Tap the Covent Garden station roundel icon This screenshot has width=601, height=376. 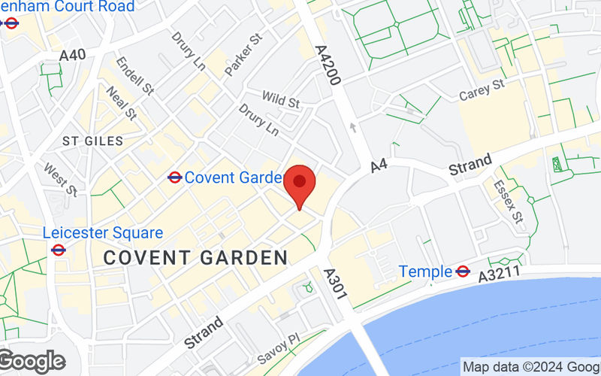click(175, 177)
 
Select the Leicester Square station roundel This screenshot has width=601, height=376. click(59, 250)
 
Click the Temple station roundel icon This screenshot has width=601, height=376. click(463, 271)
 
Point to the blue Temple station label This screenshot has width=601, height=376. click(425, 271)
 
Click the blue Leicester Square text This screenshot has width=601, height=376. click(103, 232)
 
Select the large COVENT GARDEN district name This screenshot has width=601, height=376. click(195, 258)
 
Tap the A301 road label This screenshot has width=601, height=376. click(335, 285)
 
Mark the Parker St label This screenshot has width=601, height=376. click(243, 54)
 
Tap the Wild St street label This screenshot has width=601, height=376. click(280, 99)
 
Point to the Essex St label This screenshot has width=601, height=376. click(508, 201)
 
